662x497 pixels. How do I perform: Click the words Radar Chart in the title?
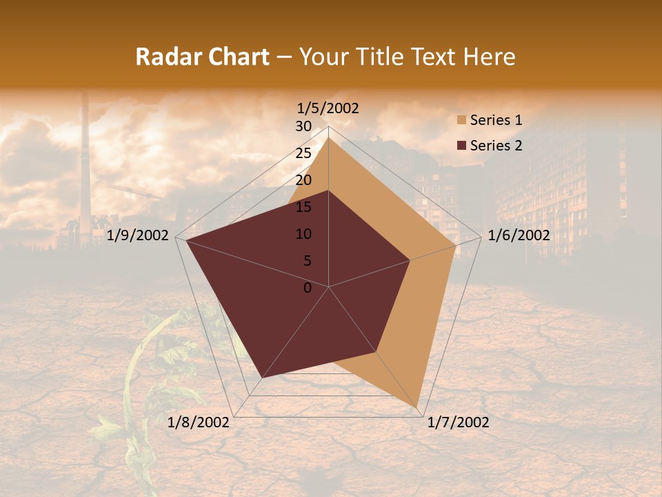click(202, 57)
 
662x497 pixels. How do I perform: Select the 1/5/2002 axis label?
click(328, 108)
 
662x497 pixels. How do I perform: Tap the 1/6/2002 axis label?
click(519, 235)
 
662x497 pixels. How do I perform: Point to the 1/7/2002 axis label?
click(459, 422)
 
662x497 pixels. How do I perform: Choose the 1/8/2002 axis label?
click(199, 422)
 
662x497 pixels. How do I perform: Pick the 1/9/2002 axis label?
click(138, 235)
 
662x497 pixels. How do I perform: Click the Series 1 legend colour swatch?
click(461, 121)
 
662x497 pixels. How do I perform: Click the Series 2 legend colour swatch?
click(461, 146)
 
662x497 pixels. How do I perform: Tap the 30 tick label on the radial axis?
click(303, 126)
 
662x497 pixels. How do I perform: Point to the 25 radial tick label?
click(303, 153)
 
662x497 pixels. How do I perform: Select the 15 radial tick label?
click(303, 207)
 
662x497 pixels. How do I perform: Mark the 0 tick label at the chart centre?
click(308, 288)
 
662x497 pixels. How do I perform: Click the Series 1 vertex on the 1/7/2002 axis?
click(418, 407)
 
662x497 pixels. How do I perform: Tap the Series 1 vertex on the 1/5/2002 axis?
click(328, 137)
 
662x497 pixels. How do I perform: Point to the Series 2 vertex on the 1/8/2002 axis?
click(262, 378)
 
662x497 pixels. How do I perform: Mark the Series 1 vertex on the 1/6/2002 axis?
click(455, 246)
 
